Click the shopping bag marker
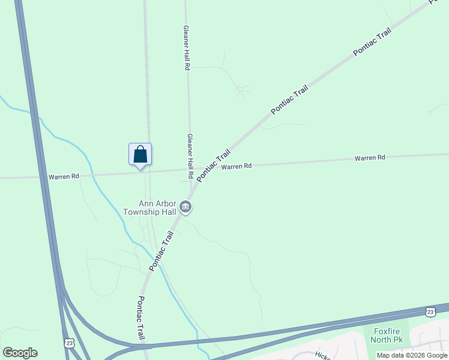pyautogui.click(x=140, y=154)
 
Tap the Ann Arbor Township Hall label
pyautogui.click(x=149, y=208)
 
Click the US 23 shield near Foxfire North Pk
pyautogui.click(x=430, y=311)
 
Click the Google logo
pyautogui.click(x=20, y=353)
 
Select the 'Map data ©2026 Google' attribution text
pyautogui.click(x=412, y=355)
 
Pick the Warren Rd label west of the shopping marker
pyautogui.click(x=64, y=176)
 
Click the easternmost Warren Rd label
pyautogui.click(x=369, y=158)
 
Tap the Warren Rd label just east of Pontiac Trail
pyautogui.click(x=236, y=166)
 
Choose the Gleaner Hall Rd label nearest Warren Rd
pyautogui.click(x=190, y=156)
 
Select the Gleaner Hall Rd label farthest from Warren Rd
pyautogui.click(x=187, y=48)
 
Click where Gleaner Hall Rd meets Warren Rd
pyautogui.click(x=190, y=171)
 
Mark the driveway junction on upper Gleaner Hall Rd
pyautogui.click(x=189, y=68)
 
